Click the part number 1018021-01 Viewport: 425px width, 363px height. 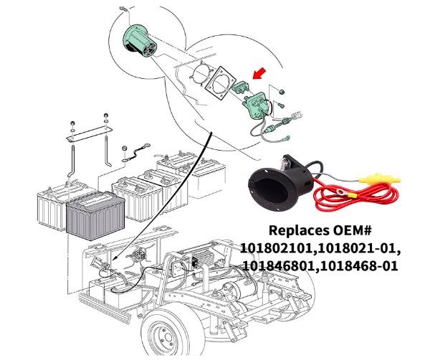pyautogui.click(x=361, y=249)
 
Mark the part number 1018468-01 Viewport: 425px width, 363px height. pyautogui.click(x=361, y=265)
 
